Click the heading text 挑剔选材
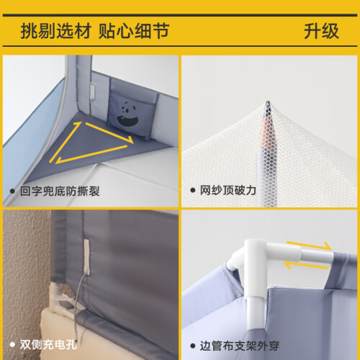(56, 31)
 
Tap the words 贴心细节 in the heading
(134, 31)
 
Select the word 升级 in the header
(321, 31)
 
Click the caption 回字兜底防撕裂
(60, 192)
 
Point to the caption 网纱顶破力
(228, 190)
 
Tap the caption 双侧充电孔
(48, 345)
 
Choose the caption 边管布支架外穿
(239, 346)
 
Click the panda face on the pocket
(127, 114)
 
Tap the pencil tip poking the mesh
(268, 103)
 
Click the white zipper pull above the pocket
(93, 91)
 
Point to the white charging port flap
(86, 257)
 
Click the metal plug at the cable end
(76, 338)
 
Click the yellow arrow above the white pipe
(309, 246)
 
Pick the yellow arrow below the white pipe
(306, 265)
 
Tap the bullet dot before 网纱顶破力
(193, 191)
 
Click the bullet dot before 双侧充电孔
(12, 345)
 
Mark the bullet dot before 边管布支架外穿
(193, 346)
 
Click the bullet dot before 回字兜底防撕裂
(12, 192)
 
